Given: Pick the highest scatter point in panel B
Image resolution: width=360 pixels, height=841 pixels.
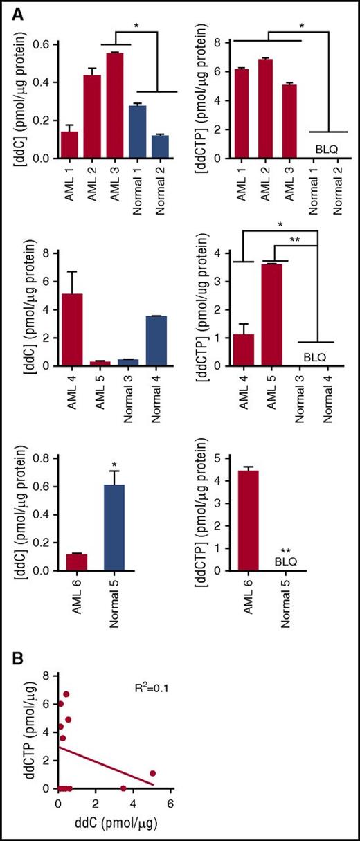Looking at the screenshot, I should tap(66, 694).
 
